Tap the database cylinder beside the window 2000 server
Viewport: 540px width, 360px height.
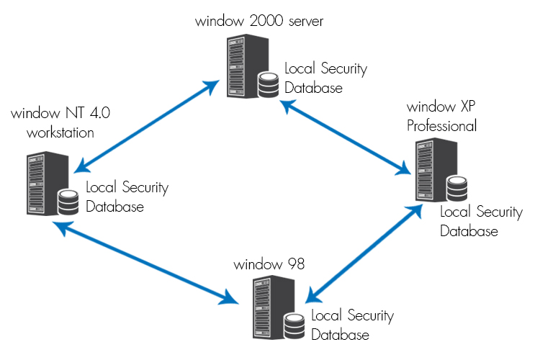268,84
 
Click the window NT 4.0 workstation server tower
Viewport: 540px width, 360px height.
42,184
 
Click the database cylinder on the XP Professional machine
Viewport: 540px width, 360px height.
456,189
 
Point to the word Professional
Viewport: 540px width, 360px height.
441,126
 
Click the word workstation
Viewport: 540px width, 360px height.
60,132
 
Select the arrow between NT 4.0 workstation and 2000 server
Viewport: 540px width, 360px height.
146,127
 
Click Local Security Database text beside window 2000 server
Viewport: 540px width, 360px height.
325,78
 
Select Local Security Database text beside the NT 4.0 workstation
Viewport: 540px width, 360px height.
127,197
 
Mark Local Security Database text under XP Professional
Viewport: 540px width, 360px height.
480,221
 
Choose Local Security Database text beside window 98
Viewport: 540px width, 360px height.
352,325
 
